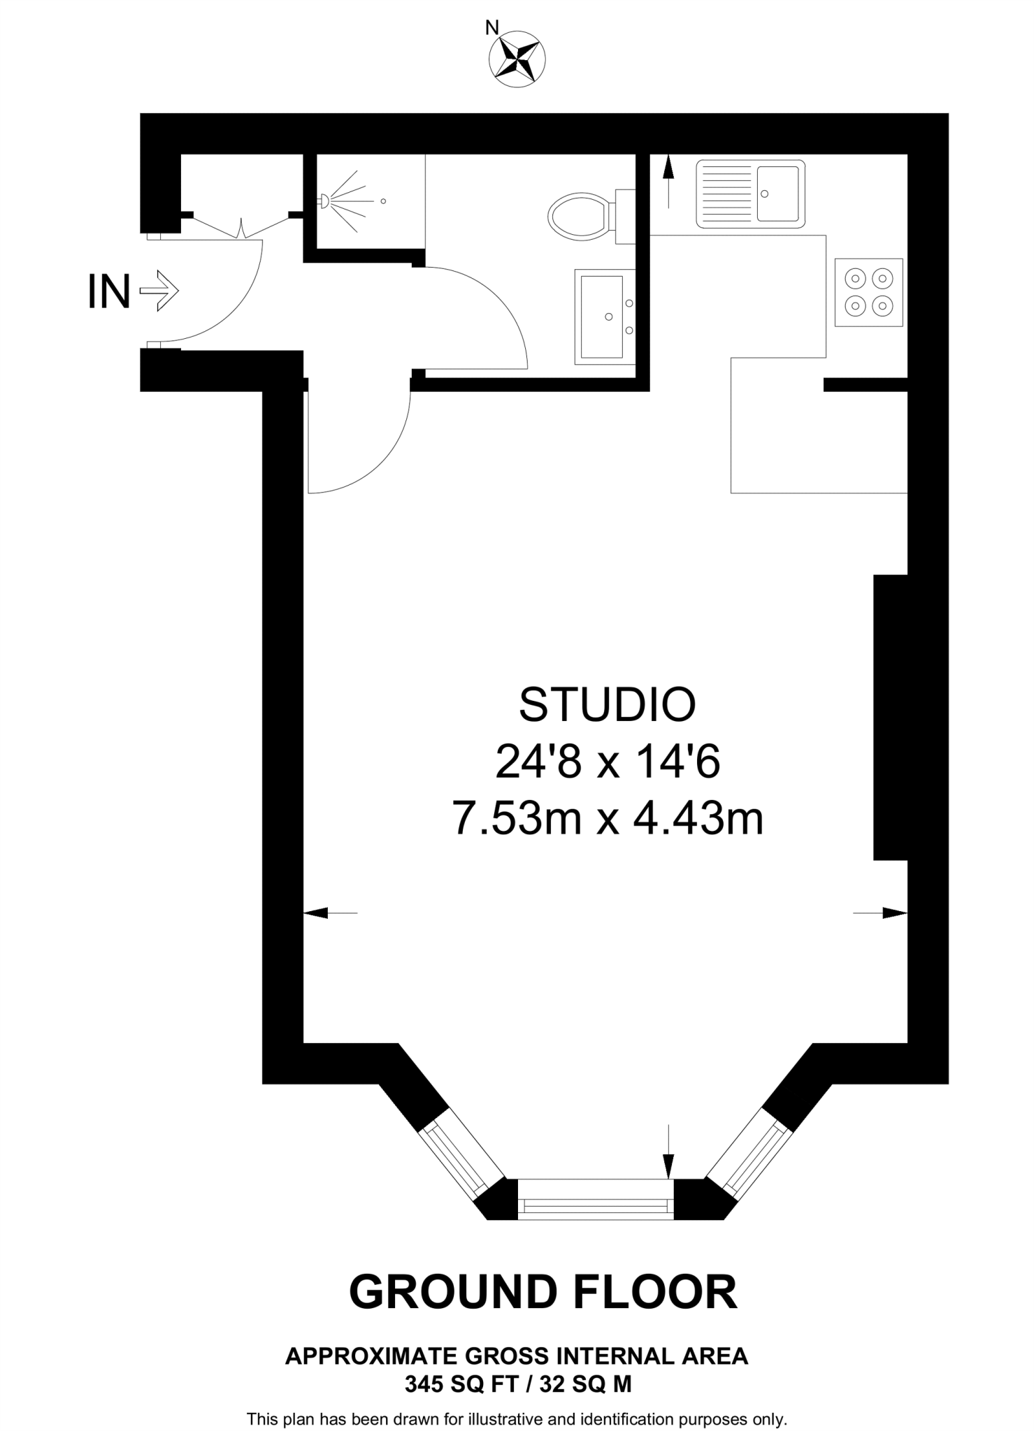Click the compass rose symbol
pyautogui.click(x=517, y=60)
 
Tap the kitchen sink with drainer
pyautogui.click(x=750, y=194)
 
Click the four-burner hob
pyautogui.click(x=868, y=292)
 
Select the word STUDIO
pyautogui.click(x=607, y=705)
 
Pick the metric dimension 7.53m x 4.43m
pyautogui.click(x=607, y=818)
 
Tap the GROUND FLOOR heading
pyautogui.click(x=543, y=1292)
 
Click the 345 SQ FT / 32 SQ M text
pyautogui.click(x=517, y=1383)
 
